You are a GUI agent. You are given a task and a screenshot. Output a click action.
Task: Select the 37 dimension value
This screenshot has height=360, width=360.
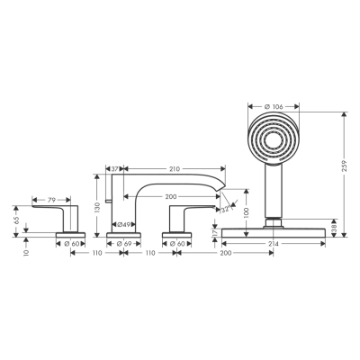tap(116, 168)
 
